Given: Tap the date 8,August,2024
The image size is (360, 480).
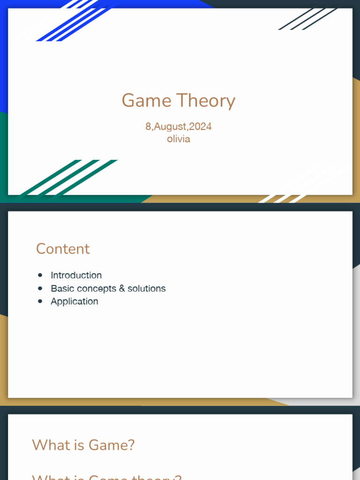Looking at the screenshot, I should tap(178, 127).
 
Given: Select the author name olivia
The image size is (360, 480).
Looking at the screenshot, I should tap(179, 139).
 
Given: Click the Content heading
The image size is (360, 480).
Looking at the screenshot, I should tap(63, 249).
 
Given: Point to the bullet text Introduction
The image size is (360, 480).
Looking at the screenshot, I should tap(76, 275).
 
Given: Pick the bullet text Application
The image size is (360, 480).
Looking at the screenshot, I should tap(75, 301).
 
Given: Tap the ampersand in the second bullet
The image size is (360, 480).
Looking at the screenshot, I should tap(122, 288).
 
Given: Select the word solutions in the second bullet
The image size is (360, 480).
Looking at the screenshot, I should tap(147, 288).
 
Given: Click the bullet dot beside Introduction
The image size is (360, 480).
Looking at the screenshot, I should tap(40, 275).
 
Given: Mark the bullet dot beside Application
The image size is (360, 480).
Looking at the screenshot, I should tap(40, 301).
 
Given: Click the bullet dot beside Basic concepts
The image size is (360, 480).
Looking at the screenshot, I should tap(40, 288).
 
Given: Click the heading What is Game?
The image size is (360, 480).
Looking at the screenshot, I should tap(83, 445).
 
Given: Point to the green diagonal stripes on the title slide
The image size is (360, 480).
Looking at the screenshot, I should tap(70, 177).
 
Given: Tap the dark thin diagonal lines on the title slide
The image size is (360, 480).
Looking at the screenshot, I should tap(307, 19).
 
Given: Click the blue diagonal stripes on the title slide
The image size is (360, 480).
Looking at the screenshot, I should tap(75, 21).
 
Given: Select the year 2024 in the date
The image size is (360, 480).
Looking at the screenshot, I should tap(200, 127).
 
